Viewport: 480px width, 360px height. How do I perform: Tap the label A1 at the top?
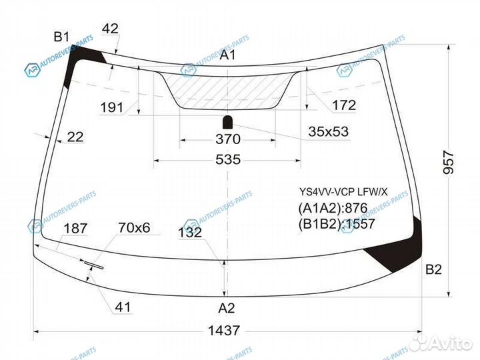[x=228, y=55]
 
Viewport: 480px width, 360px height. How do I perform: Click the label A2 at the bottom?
[x=227, y=308]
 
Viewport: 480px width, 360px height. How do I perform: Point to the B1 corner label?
[x=63, y=36]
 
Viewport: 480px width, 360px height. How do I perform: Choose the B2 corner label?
[x=433, y=270]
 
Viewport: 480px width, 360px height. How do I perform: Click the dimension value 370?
[x=227, y=139]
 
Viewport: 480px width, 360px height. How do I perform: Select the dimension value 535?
[x=227, y=160]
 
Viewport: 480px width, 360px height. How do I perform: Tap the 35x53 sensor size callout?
[x=328, y=131]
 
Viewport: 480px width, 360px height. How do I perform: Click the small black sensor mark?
[x=227, y=121]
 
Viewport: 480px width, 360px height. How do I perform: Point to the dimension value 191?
[x=111, y=107]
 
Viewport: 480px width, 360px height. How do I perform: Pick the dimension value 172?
[x=343, y=105]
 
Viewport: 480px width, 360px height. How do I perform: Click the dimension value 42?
[x=111, y=28]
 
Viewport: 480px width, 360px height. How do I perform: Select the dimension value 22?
[x=75, y=137]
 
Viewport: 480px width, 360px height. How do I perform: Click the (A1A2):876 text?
[x=333, y=207]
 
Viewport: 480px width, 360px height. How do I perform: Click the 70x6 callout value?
[x=134, y=228]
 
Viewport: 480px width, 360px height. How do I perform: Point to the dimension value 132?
[x=190, y=233]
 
